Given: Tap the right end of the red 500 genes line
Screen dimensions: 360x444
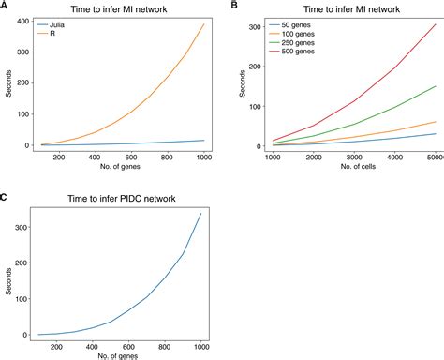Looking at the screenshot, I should pos(436,24).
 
